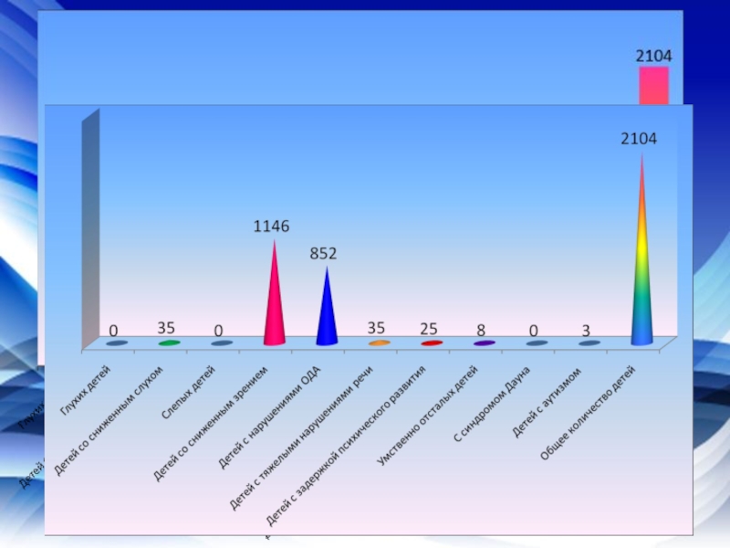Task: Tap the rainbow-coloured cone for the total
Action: click(642, 265)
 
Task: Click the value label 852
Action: click(324, 254)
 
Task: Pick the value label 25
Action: click(429, 328)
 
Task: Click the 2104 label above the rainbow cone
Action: click(639, 139)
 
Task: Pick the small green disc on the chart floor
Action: click(169, 343)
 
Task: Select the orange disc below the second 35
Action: click(380, 343)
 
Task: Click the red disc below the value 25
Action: click(432, 343)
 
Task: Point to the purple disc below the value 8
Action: click(484, 343)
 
